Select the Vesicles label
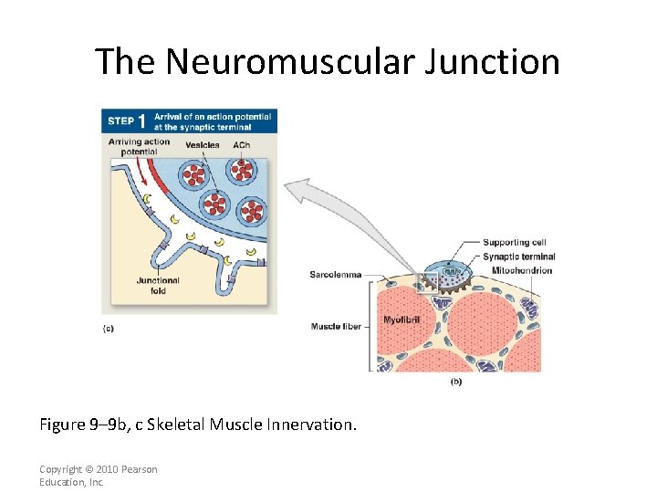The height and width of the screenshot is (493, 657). [202, 145]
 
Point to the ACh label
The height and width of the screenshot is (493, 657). [241, 145]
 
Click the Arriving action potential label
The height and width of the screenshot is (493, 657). [139, 146]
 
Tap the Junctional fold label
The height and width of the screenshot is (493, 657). [158, 285]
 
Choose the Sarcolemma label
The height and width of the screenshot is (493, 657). [335, 275]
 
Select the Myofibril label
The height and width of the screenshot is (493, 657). [401, 320]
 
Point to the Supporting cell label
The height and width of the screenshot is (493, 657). [515, 242]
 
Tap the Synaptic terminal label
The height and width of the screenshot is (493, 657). [518, 257]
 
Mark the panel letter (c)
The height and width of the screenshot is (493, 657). [109, 329]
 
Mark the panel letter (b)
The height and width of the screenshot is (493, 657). [455, 381]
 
